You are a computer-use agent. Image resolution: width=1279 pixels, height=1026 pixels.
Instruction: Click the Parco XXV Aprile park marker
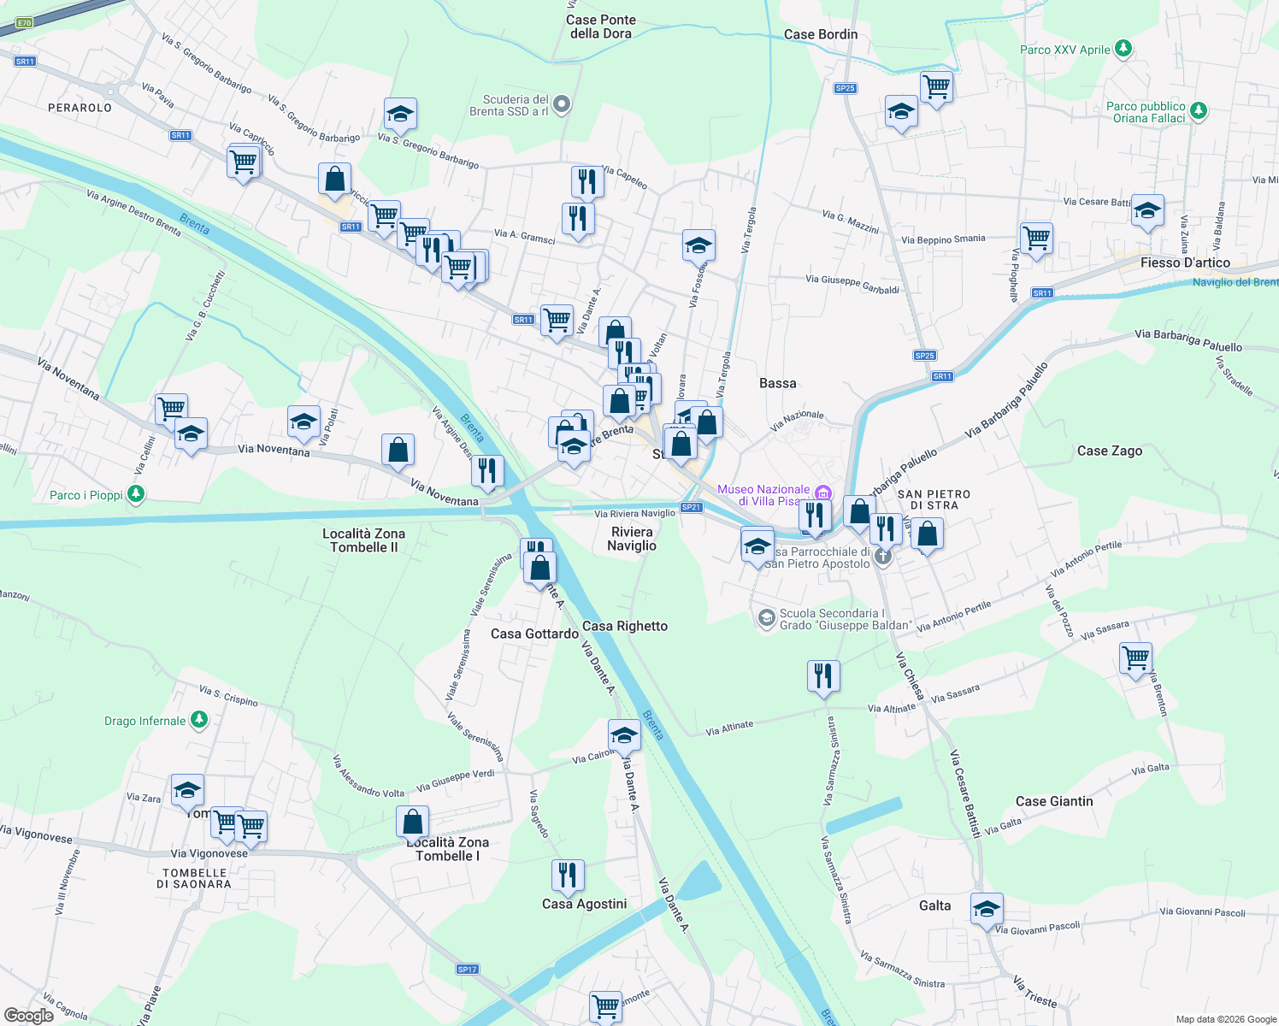pyautogui.click(x=1123, y=49)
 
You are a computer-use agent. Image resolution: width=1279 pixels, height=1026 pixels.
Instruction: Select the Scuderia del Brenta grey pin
pyautogui.click(x=561, y=104)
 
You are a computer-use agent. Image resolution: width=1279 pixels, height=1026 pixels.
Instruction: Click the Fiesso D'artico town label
pyautogui.click(x=1185, y=262)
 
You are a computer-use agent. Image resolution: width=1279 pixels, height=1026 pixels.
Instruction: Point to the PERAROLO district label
pyautogui.click(x=80, y=108)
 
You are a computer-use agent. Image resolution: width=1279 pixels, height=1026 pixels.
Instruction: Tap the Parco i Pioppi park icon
pyautogui.click(x=135, y=494)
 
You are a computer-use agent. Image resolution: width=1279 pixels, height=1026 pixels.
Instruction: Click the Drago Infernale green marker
pyautogui.click(x=198, y=720)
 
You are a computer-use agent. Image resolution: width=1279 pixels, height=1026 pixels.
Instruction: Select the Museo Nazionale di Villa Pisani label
pyautogui.click(x=763, y=495)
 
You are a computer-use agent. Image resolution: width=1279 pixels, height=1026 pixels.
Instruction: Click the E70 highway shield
pyautogui.click(x=24, y=23)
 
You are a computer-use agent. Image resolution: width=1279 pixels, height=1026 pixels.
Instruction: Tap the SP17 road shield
pyautogui.click(x=467, y=969)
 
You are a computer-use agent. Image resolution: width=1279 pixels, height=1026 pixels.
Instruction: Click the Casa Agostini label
pyautogui.click(x=584, y=904)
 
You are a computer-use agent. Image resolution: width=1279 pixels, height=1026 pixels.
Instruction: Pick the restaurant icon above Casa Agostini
pyautogui.click(x=568, y=875)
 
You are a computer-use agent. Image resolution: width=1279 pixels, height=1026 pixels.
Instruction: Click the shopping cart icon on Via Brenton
pyautogui.click(x=1135, y=658)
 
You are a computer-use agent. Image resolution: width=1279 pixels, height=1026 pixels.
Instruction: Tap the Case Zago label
pyautogui.click(x=1109, y=451)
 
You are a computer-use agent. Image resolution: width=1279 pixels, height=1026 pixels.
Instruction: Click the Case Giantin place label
pyautogui.click(x=1053, y=801)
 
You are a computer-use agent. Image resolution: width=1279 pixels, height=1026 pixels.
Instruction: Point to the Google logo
pyautogui.click(x=28, y=1015)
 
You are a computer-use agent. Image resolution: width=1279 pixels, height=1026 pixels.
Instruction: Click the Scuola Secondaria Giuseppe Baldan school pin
pyautogui.click(x=766, y=617)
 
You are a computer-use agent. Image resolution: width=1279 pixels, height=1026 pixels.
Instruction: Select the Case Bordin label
pyautogui.click(x=820, y=34)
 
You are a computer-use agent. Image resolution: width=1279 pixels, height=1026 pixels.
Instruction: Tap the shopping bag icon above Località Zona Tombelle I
pyautogui.click(x=412, y=822)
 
